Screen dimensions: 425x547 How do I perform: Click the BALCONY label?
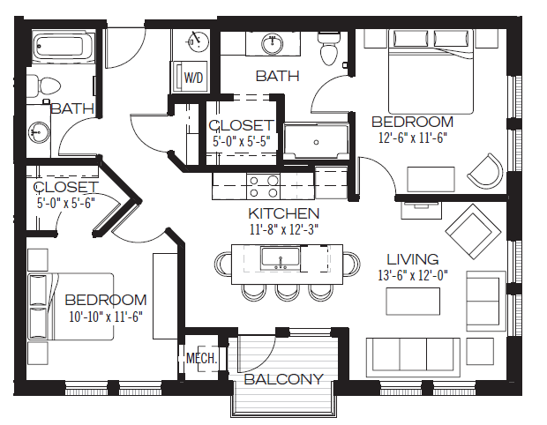tap(283, 379)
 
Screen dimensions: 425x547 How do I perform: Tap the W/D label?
tap(192, 77)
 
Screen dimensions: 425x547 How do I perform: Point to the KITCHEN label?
tap(282, 213)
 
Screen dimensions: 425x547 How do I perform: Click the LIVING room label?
tap(412, 259)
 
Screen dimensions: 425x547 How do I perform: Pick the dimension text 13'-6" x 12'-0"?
tap(412, 274)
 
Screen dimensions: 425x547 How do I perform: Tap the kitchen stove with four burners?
tap(263, 185)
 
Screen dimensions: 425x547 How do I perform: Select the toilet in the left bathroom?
tap(44, 86)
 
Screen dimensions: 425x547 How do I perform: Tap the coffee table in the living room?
tap(412, 301)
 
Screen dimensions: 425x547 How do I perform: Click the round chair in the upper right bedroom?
tap(484, 169)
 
